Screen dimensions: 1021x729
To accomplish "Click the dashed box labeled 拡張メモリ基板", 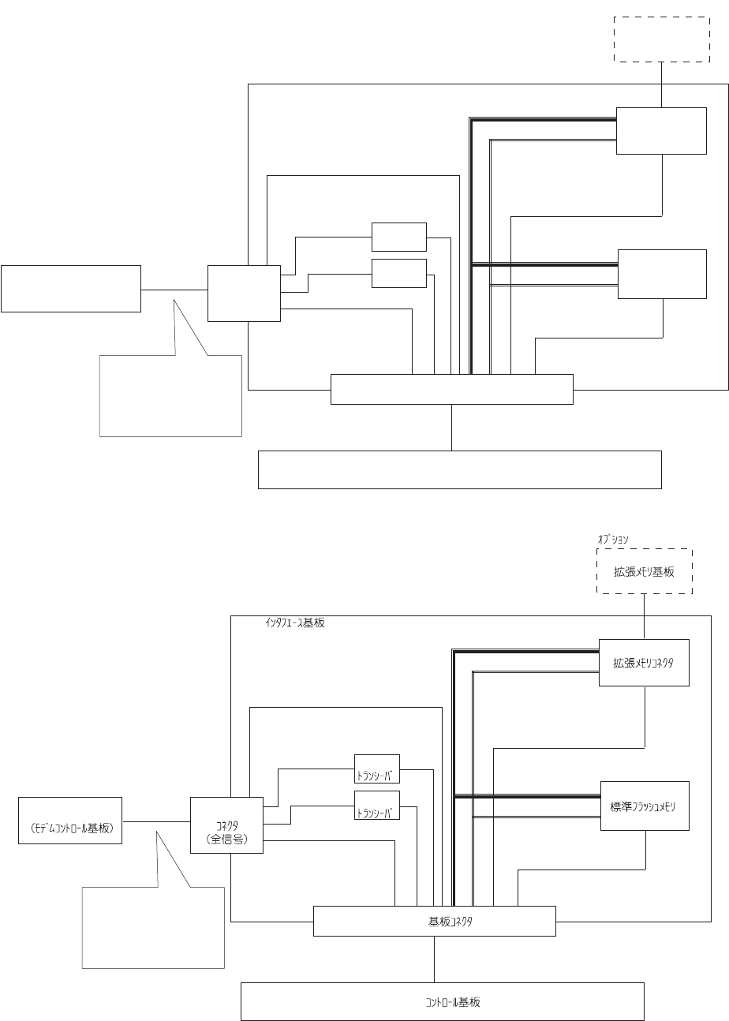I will [x=645, y=571].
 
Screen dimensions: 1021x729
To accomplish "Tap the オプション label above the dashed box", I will [x=613, y=540].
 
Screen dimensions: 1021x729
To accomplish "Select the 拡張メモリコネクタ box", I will [x=644, y=662].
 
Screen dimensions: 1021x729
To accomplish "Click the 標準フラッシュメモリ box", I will [x=645, y=806].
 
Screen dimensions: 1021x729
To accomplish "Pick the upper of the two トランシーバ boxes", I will [x=376, y=768].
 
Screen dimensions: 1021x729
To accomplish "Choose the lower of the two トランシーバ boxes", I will [x=376, y=805].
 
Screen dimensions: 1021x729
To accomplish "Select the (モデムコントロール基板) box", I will [x=70, y=821].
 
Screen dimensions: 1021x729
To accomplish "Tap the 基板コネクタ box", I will [x=434, y=921].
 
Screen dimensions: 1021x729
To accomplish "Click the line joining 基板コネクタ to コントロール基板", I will [x=434, y=959].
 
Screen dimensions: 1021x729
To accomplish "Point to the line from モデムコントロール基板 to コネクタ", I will [x=156, y=821].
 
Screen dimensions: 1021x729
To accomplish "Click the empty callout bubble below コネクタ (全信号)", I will [x=153, y=927].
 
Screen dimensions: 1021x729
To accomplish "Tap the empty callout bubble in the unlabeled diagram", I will [x=170, y=395].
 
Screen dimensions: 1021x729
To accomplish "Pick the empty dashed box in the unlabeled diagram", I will [x=661, y=38].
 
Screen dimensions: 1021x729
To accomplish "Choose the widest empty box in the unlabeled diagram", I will [x=459, y=469].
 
